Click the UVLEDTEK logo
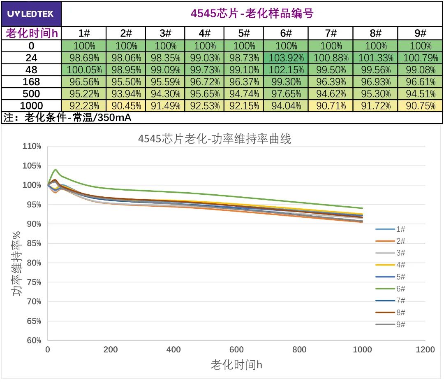pyautogui.click(x=30, y=14)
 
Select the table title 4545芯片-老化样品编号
pyautogui.click(x=252, y=14)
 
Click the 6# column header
pyautogui.click(x=286, y=34)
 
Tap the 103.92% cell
pyautogui.click(x=286, y=58)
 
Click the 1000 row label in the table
pyautogui.click(x=31, y=106)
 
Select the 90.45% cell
pyautogui.click(x=126, y=106)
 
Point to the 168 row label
pyautogui.click(x=31, y=82)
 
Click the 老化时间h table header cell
pyautogui.click(x=31, y=34)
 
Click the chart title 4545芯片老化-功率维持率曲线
pyautogui.click(x=214, y=139)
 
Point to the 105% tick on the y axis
pyautogui.click(x=32, y=166)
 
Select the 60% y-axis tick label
pyautogui.click(x=32, y=340)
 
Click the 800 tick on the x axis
pyautogui.click(x=299, y=350)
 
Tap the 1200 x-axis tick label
pyautogui.click(x=425, y=350)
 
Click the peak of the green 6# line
pyautogui.click(x=55, y=170)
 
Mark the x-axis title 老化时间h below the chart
pyautogui.click(x=236, y=365)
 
